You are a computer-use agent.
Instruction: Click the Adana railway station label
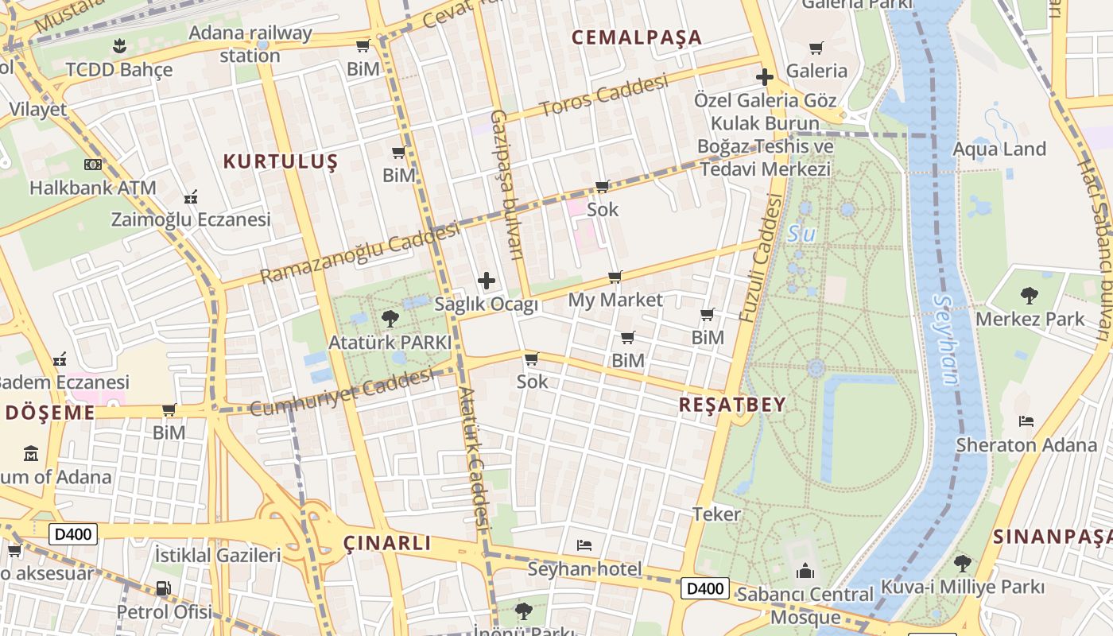pyautogui.click(x=250, y=45)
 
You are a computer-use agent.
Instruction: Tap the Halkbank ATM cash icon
pyautogui.click(x=92, y=165)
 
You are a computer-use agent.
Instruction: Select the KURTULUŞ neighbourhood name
pyautogui.click(x=281, y=162)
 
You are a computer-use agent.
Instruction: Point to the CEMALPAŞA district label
pyautogui.click(x=637, y=37)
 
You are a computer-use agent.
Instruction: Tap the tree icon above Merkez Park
pyautogui.click(x=1029, y=296)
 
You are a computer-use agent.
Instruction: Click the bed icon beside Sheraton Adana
pyautogui.click(x=1026, y=421)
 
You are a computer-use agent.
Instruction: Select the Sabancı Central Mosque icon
pyautogui.click(x=805, y=571)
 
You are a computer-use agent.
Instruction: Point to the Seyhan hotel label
pyautogui.click(x=584, y=569)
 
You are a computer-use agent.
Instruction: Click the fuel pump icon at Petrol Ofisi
pyautogui.click(x=163, y=589)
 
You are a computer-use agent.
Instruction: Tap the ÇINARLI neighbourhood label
pyautogui.click(x=387, y=544)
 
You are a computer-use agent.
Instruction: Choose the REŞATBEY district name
pyautogui.click(x=732, y=405)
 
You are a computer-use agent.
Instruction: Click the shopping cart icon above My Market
pyautogui.click(x=615, y=277)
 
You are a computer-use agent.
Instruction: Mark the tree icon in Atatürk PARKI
pyautogui.click(x=390, y=319)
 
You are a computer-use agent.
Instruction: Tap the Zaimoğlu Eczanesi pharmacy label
pyautogui.click(x=191, y=219)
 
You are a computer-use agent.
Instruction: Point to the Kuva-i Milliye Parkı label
pyautogui.click(x=962, y=588)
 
